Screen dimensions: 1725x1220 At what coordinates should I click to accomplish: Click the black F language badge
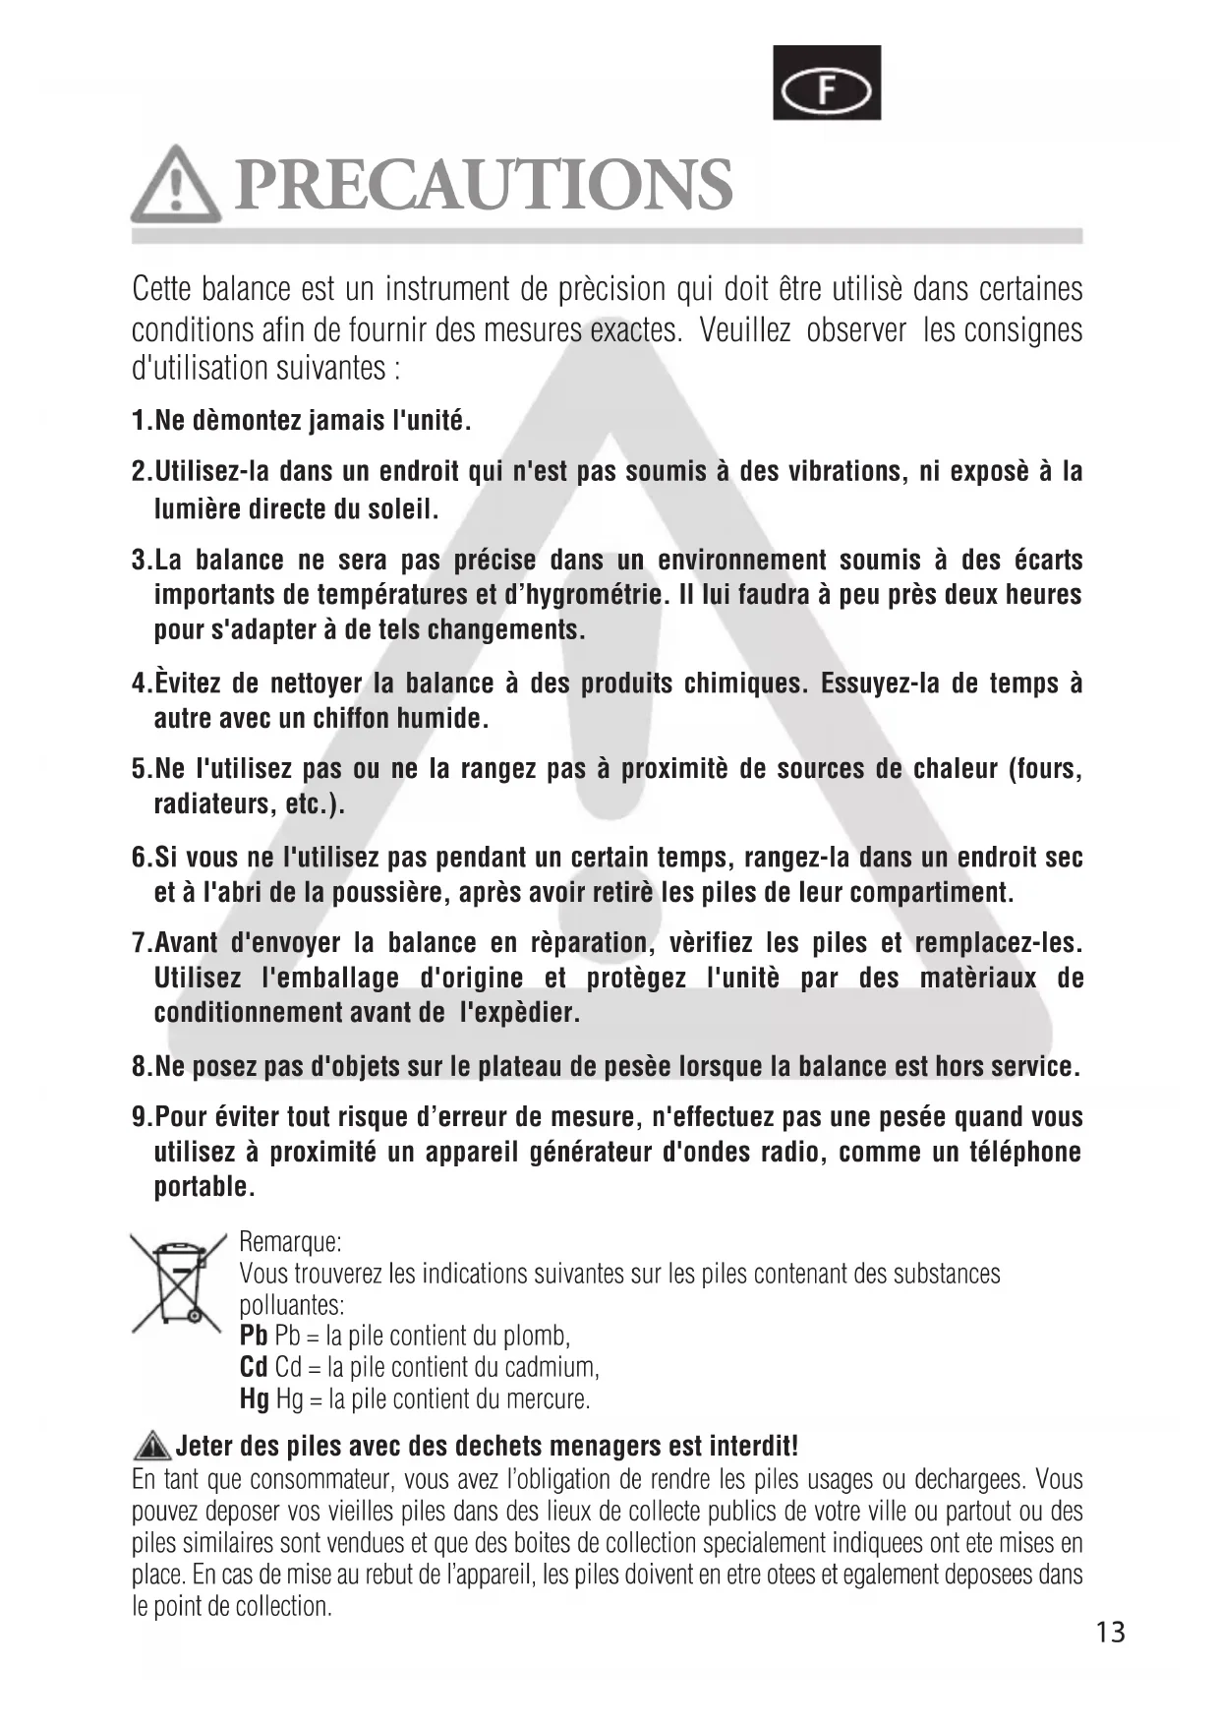click(826, 83)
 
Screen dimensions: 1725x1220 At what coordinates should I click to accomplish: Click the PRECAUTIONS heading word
click(484, 185)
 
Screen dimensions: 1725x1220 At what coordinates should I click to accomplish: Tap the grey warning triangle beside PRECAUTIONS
click(176, 185)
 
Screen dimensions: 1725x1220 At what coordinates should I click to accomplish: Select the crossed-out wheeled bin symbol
click(178, 1282)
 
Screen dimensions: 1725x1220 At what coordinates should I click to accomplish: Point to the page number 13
click(1110, 1633)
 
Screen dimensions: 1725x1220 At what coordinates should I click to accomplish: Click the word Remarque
click(290, 1242)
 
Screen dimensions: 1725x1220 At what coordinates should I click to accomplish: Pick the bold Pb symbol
click(253, 1336)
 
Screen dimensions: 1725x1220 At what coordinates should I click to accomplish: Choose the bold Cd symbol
click(254, 1367)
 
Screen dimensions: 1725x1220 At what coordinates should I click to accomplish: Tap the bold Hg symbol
click(254, 1398)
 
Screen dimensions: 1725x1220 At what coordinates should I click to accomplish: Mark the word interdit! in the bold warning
click(753, 1446)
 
